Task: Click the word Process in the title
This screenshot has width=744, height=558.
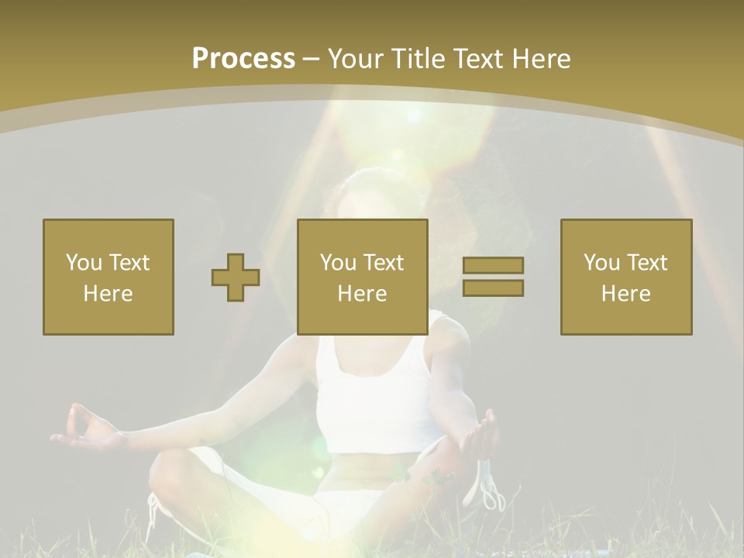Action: (x=243, y=59)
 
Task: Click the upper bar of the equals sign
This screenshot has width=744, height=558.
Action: (x=493, y=265)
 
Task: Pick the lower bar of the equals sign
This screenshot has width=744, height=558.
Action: (x=493, y=288)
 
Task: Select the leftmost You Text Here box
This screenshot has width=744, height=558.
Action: (x=108, y=277)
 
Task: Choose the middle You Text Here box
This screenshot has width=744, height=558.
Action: (x=363, y=277)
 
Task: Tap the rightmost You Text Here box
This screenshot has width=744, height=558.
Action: (x=626, y=277)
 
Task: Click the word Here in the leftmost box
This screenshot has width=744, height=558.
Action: (x=108, y=294)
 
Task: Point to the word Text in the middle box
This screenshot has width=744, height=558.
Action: (x=383, y=263)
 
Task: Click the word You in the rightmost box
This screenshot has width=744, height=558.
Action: (x=601, y=263)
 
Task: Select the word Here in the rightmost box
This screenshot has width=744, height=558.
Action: (x=626, y=294)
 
